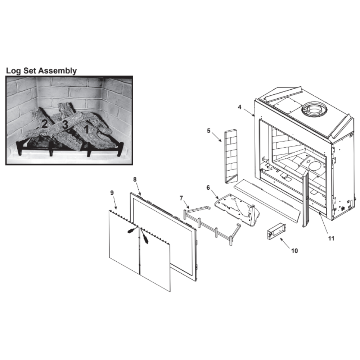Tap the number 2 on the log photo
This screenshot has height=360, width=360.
44,124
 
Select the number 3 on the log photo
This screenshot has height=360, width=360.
65,125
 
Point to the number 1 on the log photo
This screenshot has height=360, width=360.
86,129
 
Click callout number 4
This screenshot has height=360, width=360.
239,107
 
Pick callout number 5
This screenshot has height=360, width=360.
208,131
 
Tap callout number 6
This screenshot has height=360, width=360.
208,188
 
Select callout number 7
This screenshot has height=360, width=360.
181,198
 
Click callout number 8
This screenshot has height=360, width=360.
135,179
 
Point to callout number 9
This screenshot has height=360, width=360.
112,193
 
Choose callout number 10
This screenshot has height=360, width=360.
294,251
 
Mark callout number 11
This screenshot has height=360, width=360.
331,238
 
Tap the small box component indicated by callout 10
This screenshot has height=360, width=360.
276,231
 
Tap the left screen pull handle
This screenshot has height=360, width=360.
132,230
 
